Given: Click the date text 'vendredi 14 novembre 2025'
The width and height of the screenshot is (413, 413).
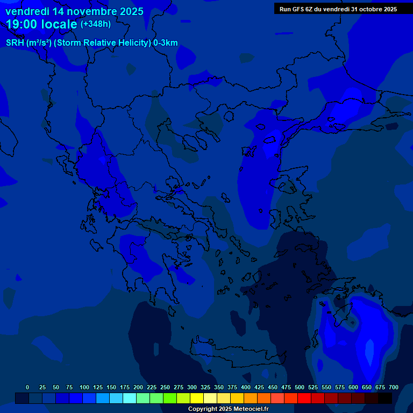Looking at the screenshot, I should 74,11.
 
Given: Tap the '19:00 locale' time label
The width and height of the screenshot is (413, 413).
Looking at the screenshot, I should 41,24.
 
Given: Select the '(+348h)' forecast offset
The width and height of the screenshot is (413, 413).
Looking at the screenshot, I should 95,24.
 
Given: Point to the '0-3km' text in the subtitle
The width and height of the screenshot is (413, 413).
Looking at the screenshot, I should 166,43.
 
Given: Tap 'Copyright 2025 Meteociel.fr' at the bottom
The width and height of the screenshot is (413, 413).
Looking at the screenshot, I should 228,409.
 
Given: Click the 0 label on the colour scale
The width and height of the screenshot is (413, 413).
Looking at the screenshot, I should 27,387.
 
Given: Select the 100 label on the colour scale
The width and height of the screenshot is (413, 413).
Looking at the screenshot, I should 84,387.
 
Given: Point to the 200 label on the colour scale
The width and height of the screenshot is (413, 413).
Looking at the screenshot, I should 138,387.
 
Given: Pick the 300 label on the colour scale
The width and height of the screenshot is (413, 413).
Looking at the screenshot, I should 192,387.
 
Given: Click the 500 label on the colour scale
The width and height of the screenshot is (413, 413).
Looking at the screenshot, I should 300,387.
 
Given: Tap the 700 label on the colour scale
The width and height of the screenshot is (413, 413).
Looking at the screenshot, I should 394,387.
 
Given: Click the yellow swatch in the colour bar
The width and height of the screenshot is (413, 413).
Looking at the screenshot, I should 197,398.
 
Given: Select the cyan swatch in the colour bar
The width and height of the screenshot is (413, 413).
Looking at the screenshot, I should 130,398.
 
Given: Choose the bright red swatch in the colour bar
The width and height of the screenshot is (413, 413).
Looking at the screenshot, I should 304,398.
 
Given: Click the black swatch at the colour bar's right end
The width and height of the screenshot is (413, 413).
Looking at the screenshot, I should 385,398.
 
